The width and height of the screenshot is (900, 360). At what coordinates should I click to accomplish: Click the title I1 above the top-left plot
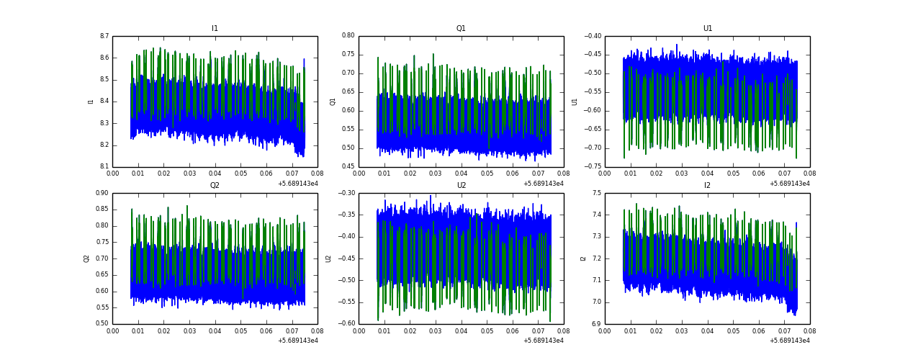[x=215, y=29]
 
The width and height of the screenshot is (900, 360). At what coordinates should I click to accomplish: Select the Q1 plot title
[x=461, y=29]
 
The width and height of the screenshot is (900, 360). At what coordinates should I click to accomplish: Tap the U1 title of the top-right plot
[x=708, y=29]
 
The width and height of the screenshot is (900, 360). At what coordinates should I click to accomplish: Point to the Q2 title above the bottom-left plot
[x=215, y=186]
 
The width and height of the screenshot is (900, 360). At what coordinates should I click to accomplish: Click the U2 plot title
[x=461, y=186]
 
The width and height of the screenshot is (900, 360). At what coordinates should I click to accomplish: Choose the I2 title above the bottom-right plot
[x=708, y=186]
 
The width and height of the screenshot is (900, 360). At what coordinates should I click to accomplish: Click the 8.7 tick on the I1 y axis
[x=104, y=36]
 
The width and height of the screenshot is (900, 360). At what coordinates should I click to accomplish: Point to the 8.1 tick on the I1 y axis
[x=104, y=167]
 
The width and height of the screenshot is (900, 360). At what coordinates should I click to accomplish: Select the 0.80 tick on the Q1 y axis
[x=348, y=35]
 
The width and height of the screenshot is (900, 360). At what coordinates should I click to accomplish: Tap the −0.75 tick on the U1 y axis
[x=593, y=167]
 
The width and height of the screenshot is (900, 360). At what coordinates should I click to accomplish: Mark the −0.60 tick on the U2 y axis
[x=346, y=324]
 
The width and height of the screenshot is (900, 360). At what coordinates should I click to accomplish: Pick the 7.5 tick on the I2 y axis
[x=596, y=193]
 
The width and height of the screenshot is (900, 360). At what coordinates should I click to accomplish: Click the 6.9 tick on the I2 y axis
[x=596, y=324]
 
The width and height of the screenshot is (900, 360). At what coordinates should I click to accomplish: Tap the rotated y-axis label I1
[x=91, y=102]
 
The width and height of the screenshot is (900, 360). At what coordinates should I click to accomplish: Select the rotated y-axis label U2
[x=328, y=258]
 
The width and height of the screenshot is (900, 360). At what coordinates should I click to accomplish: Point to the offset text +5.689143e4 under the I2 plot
[x=789, y=341]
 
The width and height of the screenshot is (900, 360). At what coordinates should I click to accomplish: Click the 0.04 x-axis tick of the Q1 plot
[x=461, y=174]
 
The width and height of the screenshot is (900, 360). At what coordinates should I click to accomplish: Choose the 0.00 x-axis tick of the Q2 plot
[x=113, y=330]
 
